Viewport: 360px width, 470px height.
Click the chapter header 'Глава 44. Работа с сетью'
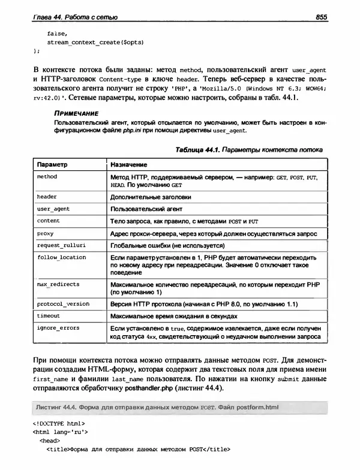point(75,17)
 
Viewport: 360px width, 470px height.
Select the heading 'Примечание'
point(75,113)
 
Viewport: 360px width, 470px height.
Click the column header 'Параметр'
point(52,164)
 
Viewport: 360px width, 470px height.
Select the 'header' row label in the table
point(46,197)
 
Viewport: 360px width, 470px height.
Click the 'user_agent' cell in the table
point(52,209)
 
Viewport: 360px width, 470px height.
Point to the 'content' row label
point(48,221)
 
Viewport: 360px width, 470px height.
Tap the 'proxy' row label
point(45,233)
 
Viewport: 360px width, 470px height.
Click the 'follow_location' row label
point(61,257)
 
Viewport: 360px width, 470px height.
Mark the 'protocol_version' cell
point(63,303)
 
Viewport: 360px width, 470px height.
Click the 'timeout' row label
point(48,315)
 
